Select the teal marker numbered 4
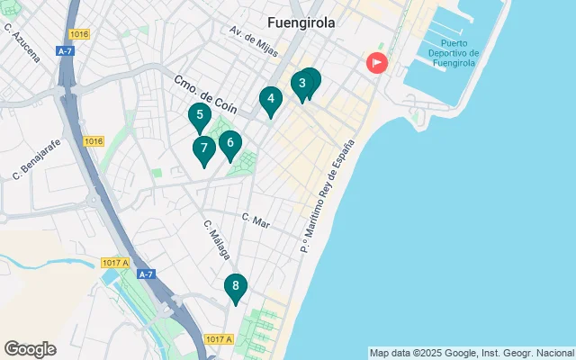coord(271,100)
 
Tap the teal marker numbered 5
coord(200,115)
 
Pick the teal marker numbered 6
coord(230,142)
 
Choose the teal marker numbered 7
coord(204,148)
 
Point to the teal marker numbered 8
coord(235,287)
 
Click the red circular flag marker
coord(375,63)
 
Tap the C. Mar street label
coord(256,219)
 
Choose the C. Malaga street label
coord(217,240)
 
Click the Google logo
coord(30,349)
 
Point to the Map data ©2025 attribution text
coord(471,353)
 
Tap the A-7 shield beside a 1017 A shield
coord(146,274)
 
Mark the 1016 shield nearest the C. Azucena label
coord(79,34)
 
